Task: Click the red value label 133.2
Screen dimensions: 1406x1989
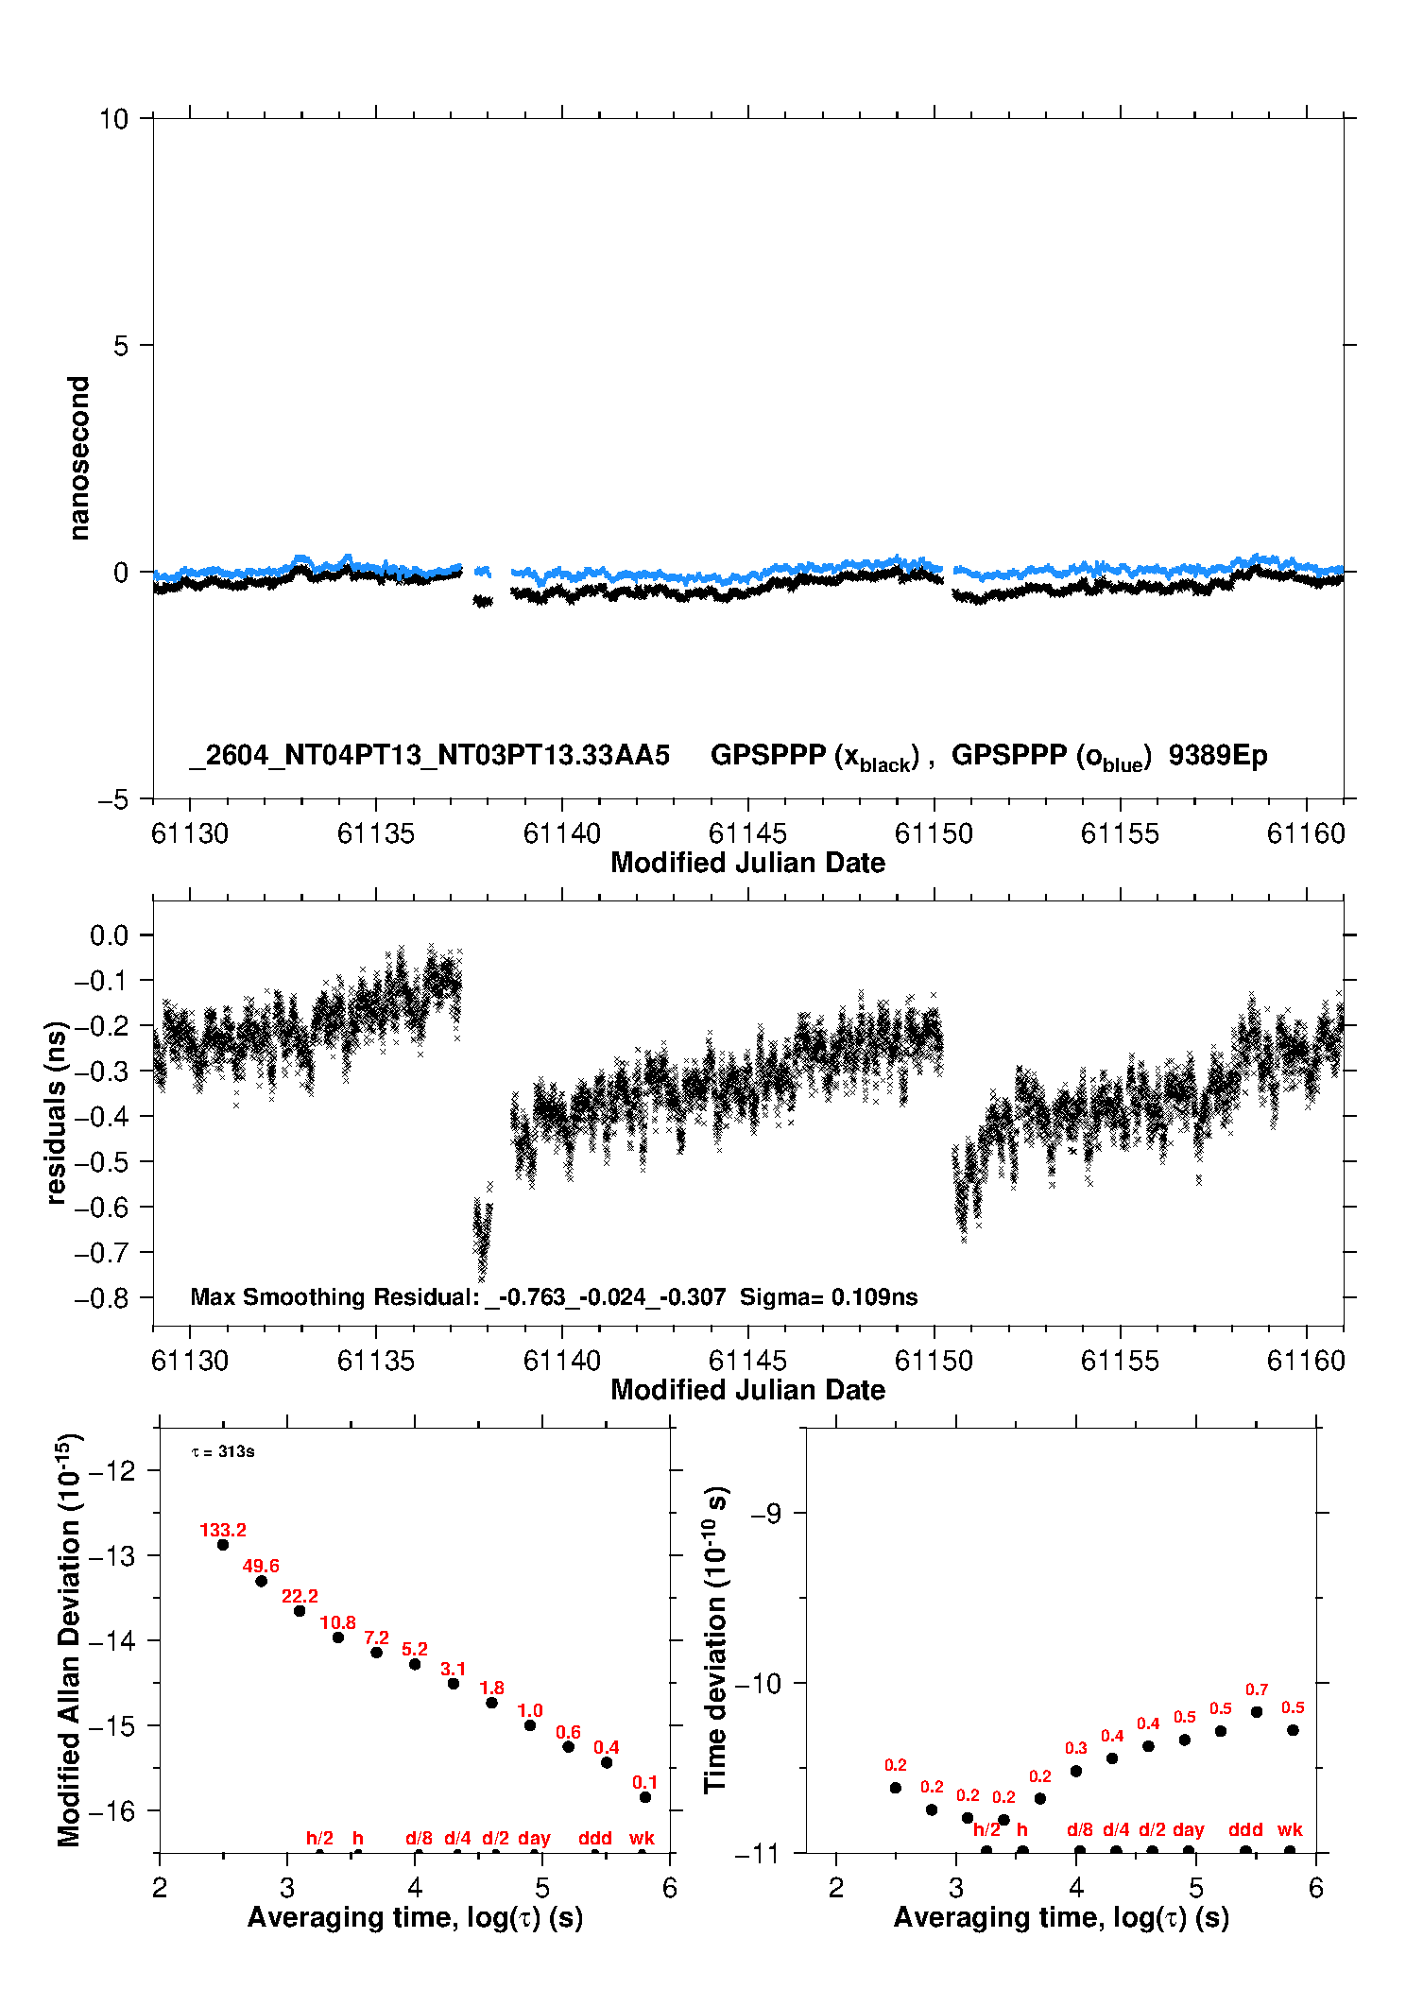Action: [223, 1530]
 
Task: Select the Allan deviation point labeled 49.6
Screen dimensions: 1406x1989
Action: [262, 1581]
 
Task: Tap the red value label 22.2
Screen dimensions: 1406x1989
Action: [300, 1596]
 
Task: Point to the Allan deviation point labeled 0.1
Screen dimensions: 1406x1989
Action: [645, 1797]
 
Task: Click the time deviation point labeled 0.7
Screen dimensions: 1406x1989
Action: [1257, 1712]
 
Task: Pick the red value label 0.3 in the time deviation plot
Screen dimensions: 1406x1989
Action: [1076, 1749]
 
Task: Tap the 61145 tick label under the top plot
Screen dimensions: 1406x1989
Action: [747, 833]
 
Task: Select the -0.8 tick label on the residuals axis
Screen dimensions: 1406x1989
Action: [102, 1298]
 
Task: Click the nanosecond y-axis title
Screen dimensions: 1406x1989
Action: [79, 458]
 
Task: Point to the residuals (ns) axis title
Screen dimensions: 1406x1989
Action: [57, 1113]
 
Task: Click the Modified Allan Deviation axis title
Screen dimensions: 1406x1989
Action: [70, 1639]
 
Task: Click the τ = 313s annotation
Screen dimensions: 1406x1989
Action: [223, 1451]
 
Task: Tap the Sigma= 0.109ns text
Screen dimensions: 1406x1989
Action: [829, 1297]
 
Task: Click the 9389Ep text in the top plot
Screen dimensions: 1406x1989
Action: [1218, 755]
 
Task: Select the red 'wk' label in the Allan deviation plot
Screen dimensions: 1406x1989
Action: [642, 1838]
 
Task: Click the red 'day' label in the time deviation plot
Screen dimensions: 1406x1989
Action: [1189, 1830]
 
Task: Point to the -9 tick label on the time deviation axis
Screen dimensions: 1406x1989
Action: [766, 1513]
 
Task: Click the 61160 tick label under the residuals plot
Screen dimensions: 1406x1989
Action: [1306, 1361]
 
